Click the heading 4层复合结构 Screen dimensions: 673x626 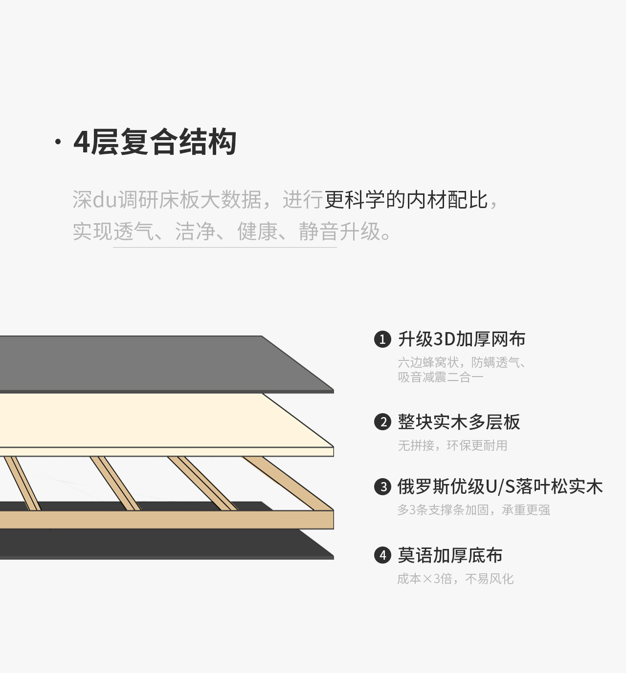pos(155,142)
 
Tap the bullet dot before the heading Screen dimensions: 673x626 pos(58,142)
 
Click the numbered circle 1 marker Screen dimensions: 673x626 pos(382,339)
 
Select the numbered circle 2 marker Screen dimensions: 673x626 pos(382,422)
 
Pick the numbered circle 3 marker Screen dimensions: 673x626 pos(382,486)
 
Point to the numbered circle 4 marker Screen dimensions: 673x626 pos(382,555)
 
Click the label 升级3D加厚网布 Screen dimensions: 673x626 pos(462,339)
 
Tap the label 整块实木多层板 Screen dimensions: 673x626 pos(459,422)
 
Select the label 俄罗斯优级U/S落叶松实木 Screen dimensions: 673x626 pos(500,486)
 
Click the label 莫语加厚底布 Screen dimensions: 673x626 pos(450,555)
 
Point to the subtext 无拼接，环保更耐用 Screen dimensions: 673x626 pos(452,445)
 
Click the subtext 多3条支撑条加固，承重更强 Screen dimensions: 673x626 pos(473,510)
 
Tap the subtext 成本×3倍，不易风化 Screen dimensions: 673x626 pos(455,579)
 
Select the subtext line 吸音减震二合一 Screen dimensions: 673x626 pos(441,377)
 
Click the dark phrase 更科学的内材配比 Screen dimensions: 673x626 pos(406,200)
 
